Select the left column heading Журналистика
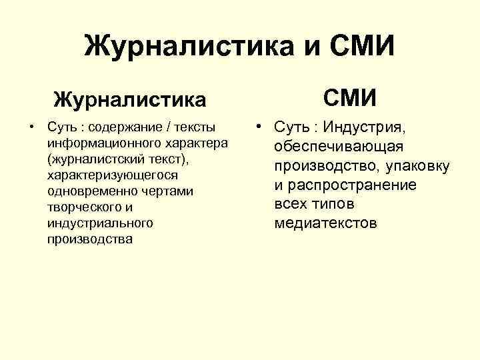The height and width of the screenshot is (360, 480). [x=130, y=100]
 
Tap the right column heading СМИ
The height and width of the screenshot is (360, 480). [x=351, y=99]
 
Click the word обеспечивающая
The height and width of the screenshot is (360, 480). [x=337, y=147]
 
